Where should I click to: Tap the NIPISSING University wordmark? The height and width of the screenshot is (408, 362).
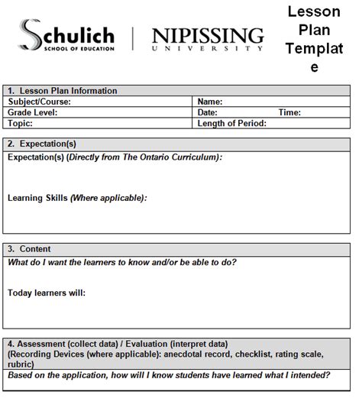tap(208, 38)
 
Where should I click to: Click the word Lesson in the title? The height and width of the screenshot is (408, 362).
tap(313, 13)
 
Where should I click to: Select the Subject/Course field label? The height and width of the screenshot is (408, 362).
tap(39, 102)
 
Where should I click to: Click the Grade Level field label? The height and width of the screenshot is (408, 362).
tap(33, 112)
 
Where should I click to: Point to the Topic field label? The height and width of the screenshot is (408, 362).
tap(21, 123)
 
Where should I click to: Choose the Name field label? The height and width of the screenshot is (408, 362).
tap(209, 102)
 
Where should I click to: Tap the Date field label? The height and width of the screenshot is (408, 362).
tap(208, 112)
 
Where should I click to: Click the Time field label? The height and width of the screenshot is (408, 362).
tap(289, 112)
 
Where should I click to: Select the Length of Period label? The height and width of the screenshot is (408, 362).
tap(231, 123)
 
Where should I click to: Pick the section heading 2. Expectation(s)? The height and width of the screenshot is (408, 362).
tap(42, 144)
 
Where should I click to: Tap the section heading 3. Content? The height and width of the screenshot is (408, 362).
tap(30, 249)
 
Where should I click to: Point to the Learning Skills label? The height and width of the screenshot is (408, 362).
tap(37, 198)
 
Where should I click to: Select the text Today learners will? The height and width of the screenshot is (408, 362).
tap(47, 293)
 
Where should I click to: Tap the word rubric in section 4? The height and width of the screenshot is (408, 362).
tap(20, 364)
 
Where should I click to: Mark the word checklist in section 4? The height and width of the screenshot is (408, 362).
tap(262, 354)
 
